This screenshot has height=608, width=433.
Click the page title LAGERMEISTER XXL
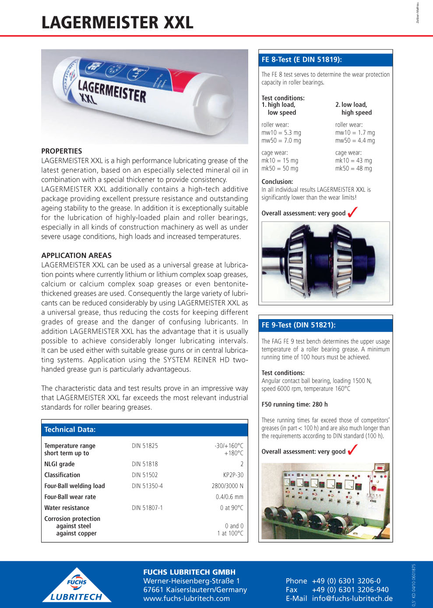pyautogui.click(x=117, y=23)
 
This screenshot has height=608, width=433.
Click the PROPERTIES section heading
pyautogui.click(x=62, y=151)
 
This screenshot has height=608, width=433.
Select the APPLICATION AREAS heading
pyautogui.click(x=76, y=255)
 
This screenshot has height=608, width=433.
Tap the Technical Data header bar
pyautogui.click(x=144, y=429)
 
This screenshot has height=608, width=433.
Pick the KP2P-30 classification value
pyautogui.click(x=233, y=475)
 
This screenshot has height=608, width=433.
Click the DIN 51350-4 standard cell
pyautogui.click(x=147, y=486)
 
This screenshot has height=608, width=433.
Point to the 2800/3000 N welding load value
pyautogui.click(x=227, y=486)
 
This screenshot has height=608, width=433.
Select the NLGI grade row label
pyautogui.click(x=60, y=464)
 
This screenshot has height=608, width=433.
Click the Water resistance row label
pyautogui.click(x=67, y=508)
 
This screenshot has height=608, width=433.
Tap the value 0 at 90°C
pyautogui.click(x=231, y=508)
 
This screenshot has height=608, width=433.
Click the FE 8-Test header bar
pyautogui.click(x=325, y=60)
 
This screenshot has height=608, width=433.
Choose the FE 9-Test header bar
pyautogui.click(x=325, y=325)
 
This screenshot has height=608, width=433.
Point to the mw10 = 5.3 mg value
pyautogui.click(x=281, y=133)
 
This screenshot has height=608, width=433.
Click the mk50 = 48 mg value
pyautogui.click(x=353, y=169)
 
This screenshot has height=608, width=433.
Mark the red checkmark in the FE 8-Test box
pyautogui.click(x=352, y=212)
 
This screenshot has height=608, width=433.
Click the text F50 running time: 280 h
pyautogui.click(x=294, y=404)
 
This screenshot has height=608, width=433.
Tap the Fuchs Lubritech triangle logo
pyautogui.click(x=77, y=586)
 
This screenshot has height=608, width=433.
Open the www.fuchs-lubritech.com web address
pyautogui.click(x=187, y=598)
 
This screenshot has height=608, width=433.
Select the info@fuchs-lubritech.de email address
pyautogui.click(x=352, y=598)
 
